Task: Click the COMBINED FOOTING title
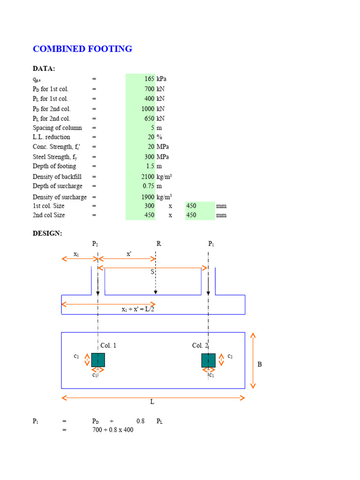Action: click(x=82, y=49)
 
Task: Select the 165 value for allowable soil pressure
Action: click(x=150, y=79)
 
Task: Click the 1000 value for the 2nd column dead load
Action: click(x=147, y=109)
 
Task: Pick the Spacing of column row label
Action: click(x=57, y=128)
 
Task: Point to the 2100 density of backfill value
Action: click(x=148, y=177)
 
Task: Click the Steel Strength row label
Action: click(x=54, y=157)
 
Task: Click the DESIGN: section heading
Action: click(x=47, y=233)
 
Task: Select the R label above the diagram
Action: click(x=158, y=244)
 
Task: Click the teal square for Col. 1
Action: click(x=98, y=360)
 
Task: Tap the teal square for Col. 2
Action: click(x=209, y=360)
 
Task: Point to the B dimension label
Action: click(x=259, y=364)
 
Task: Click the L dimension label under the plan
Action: click(x=152, y=402)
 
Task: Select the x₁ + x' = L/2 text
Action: click(x=138, y=309)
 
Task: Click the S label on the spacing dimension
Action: click(x=152, y=272)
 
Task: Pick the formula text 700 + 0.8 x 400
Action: click(x=112, y=430)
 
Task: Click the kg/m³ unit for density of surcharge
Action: click(x=164, y=196)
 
